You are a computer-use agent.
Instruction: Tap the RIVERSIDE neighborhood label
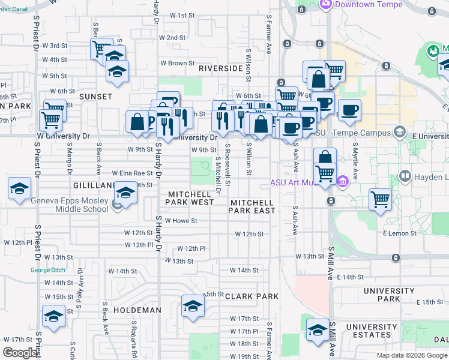pyautogui.click(x=221, y=69)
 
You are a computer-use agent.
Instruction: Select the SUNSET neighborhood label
pyautogui.click(x=95, y=97)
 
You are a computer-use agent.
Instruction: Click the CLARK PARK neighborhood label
pyautogui.click(x=252, y=296)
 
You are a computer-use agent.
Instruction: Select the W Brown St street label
pyautogui.click(x=177, y=63)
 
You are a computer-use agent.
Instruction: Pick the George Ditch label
pyautogui.click(x=48, y=270)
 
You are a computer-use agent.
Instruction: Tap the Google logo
pyautogui.click(x=20, y=353)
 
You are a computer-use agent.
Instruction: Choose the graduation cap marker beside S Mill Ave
pyautogui.click(x=318, y=329)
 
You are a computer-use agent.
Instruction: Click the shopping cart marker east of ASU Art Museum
pyautogui.click(x=381, y=199)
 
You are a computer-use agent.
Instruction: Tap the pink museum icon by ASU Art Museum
pyautogui.click(x=343, y=181)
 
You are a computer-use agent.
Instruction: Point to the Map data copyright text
pyautogui.click(x=412, y=355)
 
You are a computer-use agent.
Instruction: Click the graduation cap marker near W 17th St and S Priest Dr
pyautogui.click(x=53, y=316)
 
